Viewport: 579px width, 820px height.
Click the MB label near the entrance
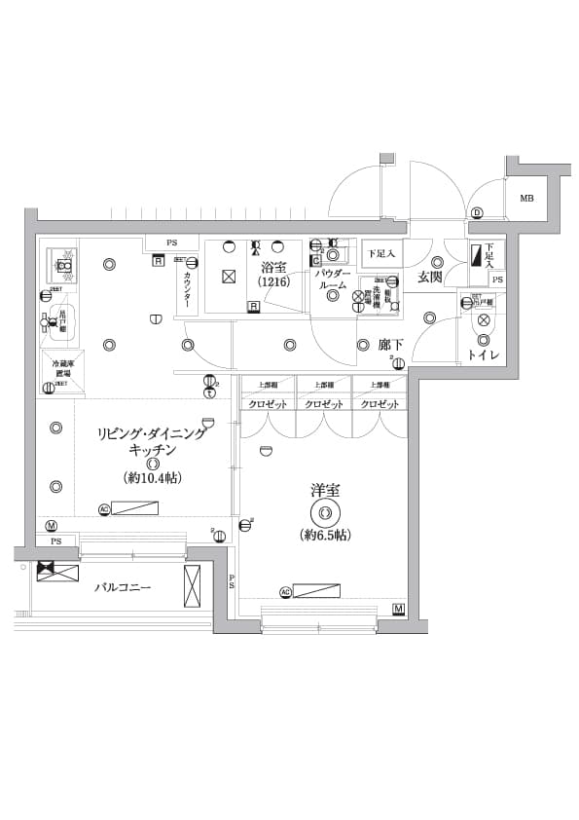[526, 199]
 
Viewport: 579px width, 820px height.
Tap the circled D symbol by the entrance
[477, 213]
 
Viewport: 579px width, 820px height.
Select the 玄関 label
[431, 278]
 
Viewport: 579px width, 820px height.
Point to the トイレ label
[484, 355]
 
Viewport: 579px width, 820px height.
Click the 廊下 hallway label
[392, 345]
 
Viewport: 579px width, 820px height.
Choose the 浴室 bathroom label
[273, 267]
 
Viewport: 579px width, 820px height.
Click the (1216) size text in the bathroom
[273, 282]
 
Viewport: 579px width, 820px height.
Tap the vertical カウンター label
[187, 289]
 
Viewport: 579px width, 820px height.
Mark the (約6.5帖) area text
[325, 535]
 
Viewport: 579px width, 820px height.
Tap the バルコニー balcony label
[123, 588]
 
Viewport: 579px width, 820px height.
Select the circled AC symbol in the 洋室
[285, 591]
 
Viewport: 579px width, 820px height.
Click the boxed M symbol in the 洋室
[399, 610]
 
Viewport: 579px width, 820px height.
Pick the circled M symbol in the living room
[51, 526]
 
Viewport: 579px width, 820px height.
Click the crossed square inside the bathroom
[229, 277]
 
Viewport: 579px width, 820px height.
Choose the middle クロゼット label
[324, 404]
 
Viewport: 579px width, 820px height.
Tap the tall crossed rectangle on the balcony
[192, 586]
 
